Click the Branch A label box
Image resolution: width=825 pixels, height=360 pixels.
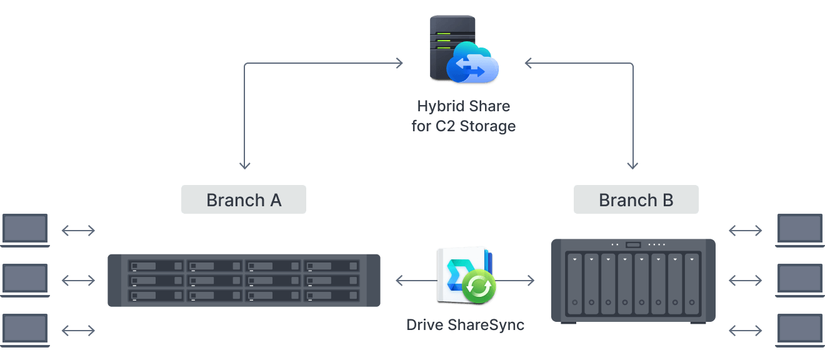244,200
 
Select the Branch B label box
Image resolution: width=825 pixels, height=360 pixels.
636,200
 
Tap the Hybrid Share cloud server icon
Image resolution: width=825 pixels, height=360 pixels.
463,50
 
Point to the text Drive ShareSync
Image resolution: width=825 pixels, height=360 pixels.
465,325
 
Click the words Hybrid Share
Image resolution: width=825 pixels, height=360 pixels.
463,106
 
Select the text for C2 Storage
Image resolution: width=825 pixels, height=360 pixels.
463,126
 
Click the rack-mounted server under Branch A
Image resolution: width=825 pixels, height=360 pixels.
244,280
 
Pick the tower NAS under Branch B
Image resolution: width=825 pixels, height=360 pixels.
632,280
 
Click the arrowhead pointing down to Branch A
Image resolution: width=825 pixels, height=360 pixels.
244,165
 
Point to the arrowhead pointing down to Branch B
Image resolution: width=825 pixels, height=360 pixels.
632,165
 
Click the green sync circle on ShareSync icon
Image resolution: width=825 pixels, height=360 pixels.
479,287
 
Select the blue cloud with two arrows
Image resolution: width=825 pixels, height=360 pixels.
473,63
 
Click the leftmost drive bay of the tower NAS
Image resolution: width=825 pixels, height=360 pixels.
574,285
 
